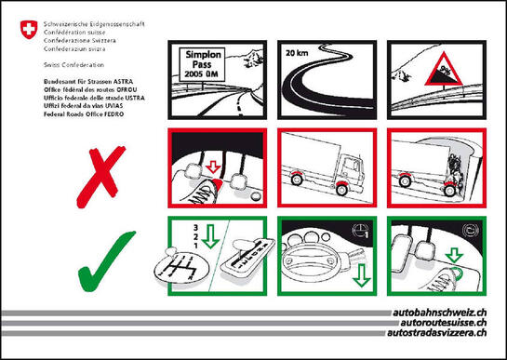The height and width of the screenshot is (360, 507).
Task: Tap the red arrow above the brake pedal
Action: tap(212, 167)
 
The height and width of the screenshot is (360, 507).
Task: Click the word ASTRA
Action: tap(136, 84)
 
